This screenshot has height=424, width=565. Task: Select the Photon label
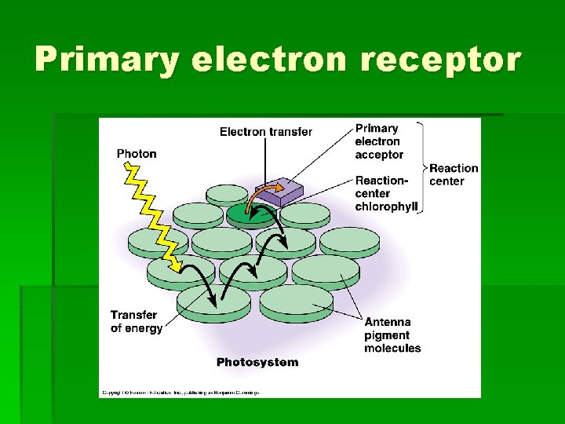(137, 154)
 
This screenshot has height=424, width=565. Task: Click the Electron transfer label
(265, 132)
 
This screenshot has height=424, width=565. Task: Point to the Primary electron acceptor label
(379, 141)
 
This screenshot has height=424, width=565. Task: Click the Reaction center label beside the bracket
(454, 174)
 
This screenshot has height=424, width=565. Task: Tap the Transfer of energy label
(137, 322)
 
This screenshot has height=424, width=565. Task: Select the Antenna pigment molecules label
(392, 335)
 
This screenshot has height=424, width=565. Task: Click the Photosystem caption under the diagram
(257, 362)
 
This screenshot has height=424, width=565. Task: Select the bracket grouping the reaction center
(422, 167)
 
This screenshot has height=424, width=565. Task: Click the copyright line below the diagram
(180, 391)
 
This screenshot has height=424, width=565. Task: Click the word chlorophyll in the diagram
(386, 207)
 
